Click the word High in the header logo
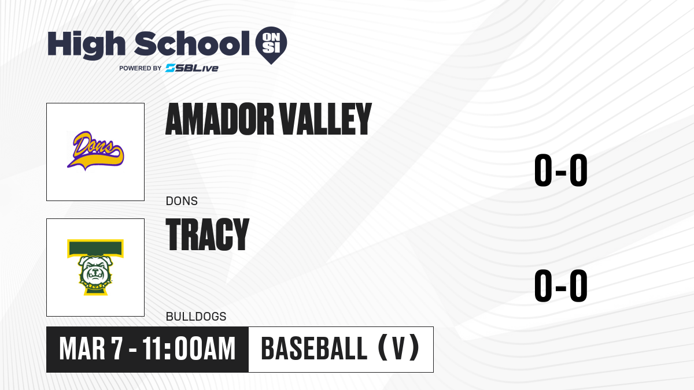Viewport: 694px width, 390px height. tap(86, 44)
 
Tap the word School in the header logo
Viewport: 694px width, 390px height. tap(192, 43)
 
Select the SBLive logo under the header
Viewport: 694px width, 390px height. tap(192, 68)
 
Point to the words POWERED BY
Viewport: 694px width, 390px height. tap(141, 68)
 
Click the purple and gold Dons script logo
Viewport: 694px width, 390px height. tap(95, 151)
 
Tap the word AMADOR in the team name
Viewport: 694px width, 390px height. tap(220, 119)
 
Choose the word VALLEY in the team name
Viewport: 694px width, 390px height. tap(325, 119)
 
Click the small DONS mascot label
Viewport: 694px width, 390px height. tap(182, 201)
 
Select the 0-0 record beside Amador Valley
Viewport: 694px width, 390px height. tap(561, 170)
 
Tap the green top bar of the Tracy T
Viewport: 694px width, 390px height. tap(95, 248)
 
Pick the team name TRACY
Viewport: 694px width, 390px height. tap(208, 235)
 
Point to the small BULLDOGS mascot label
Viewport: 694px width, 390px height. tap(196, 317)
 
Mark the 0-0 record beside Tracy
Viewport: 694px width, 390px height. tap(561, 285)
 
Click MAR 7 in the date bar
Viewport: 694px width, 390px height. tap(91, 349)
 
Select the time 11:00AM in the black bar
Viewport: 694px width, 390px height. tap(189, 349)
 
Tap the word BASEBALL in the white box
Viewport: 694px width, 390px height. tap(315, 349)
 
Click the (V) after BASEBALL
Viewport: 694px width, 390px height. tap(398, 348)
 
